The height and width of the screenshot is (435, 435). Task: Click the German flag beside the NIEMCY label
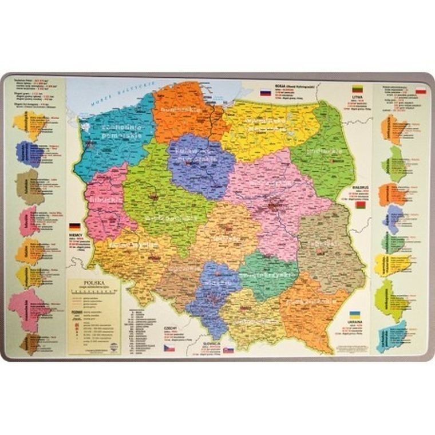(74, 227)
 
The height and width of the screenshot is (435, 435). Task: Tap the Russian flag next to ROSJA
(265, 92)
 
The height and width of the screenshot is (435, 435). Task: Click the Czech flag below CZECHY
(169, 347)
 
